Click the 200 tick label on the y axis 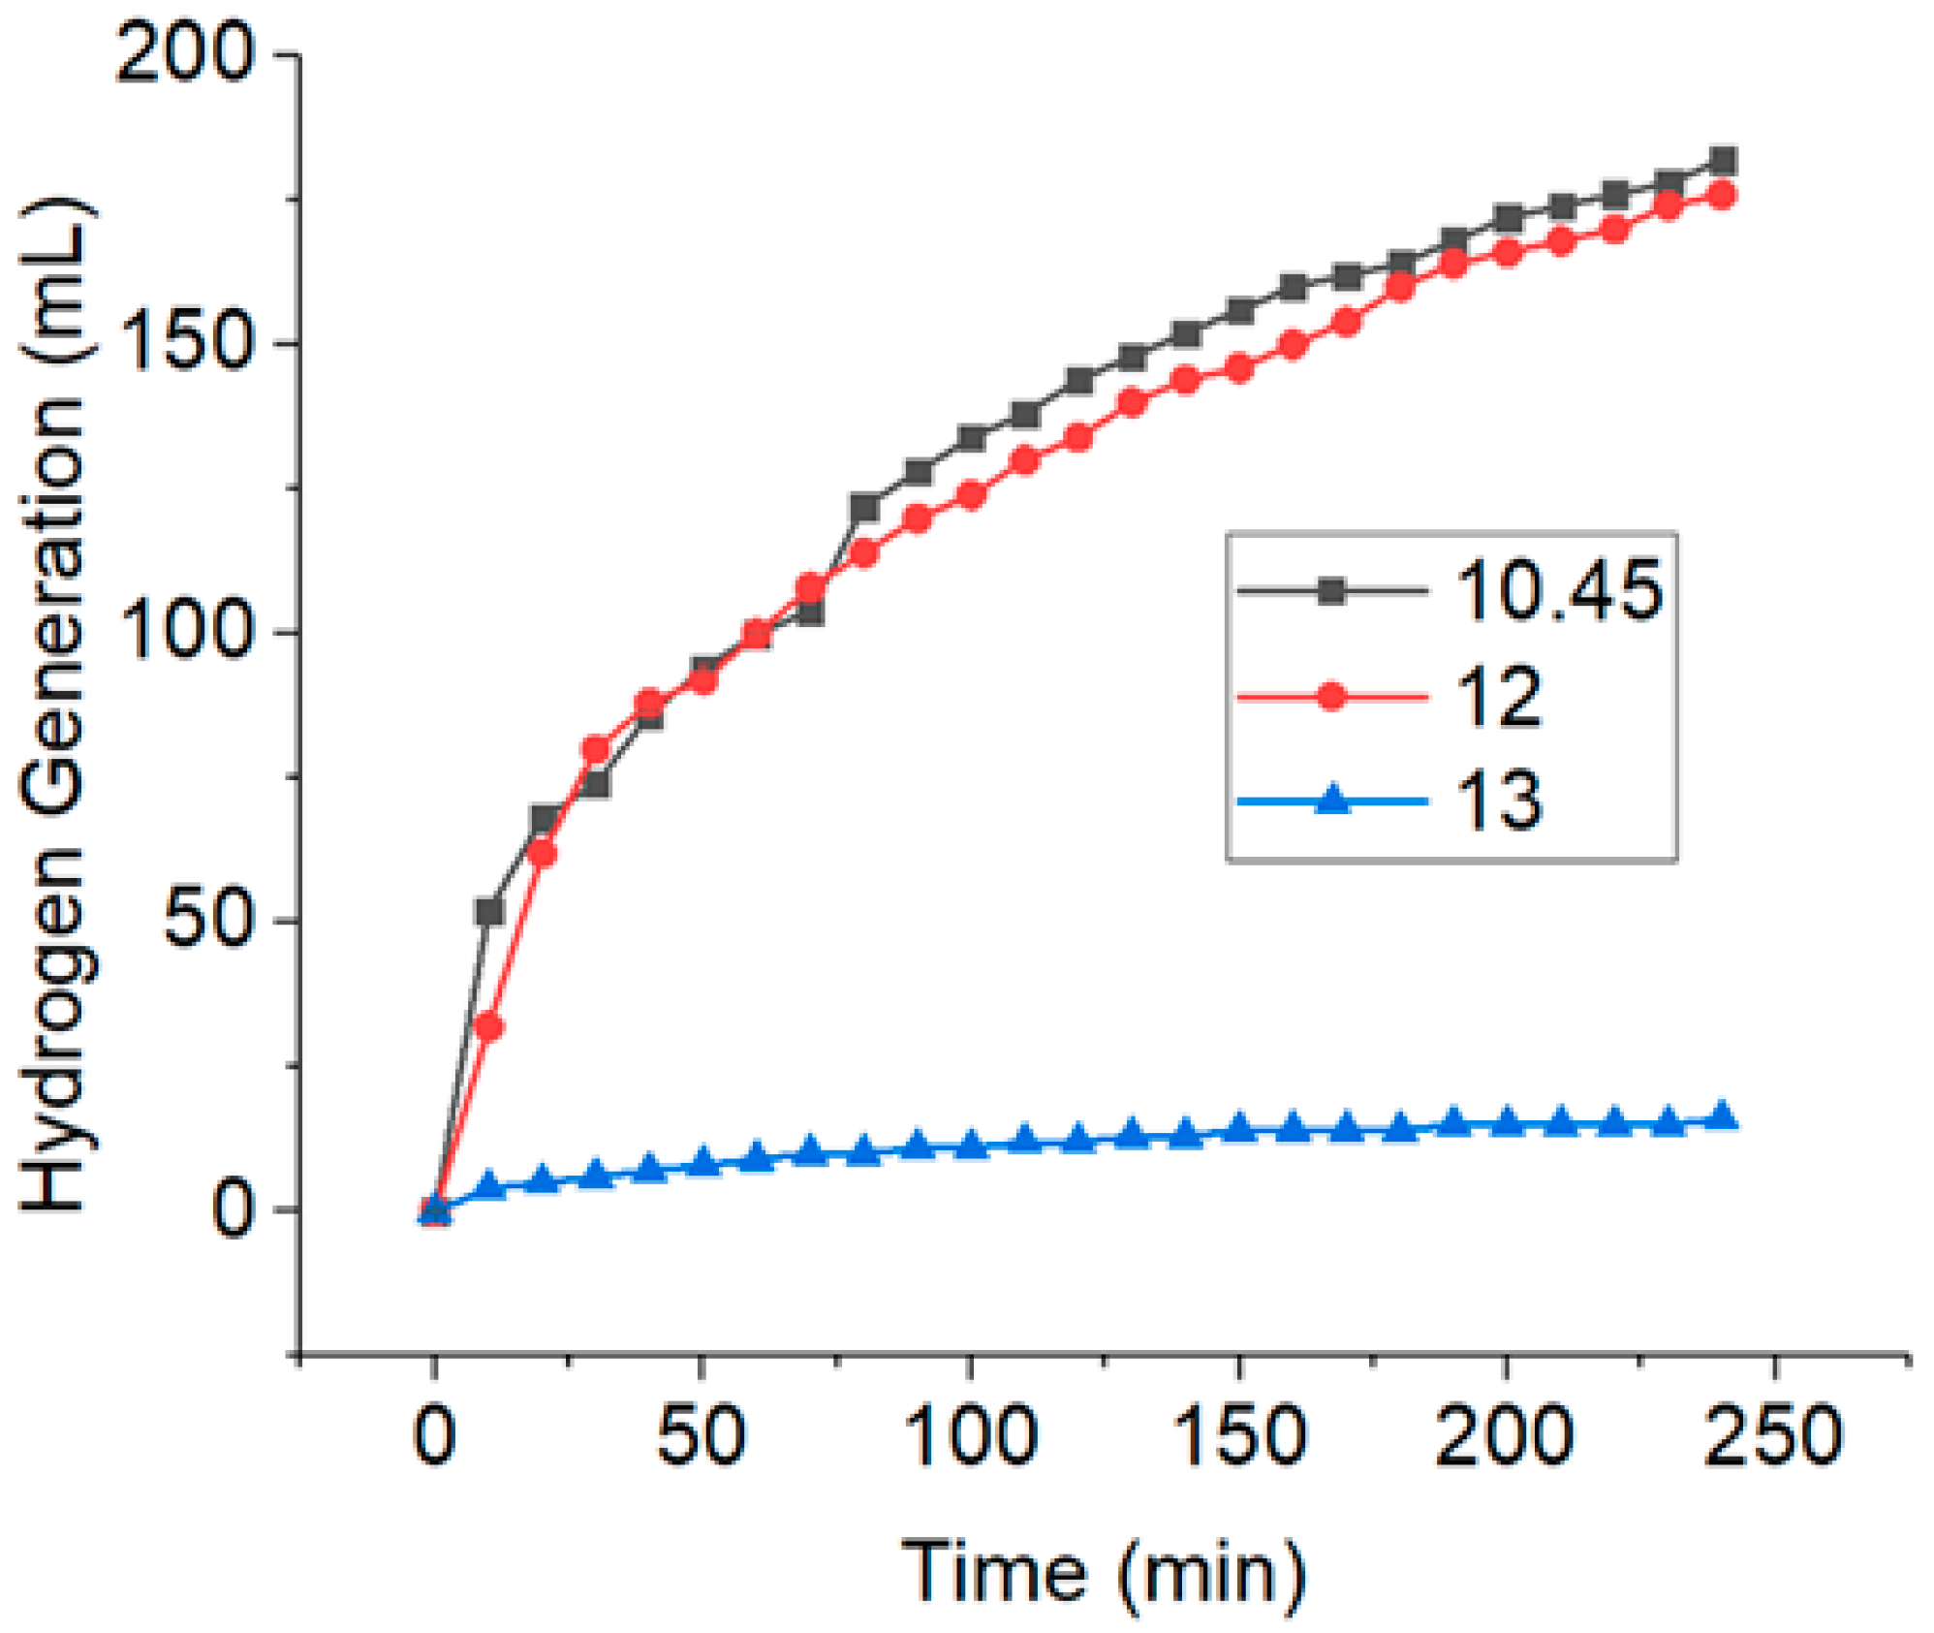[x=184, y=55]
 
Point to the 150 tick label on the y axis [x=184, y=344]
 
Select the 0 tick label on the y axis [x=233, y=1209]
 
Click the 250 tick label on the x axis [x=1772, y=1436]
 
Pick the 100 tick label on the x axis [x=970, y=1436]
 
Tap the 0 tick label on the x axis [x=434, y=1436]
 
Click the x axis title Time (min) [x=1104, y=1572]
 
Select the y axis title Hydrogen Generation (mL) [x=55, y=706]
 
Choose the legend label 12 [x=1498, y=697]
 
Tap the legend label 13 [x=1498, y=801]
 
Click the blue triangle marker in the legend [x=1332, y=801]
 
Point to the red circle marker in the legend [x=1332, y=696]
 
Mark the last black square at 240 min [x=1723, y=160]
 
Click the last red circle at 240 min [x=1723, y=195]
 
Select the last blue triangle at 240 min [x=1723, y=1116]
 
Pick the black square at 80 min [x=864, y=507]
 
